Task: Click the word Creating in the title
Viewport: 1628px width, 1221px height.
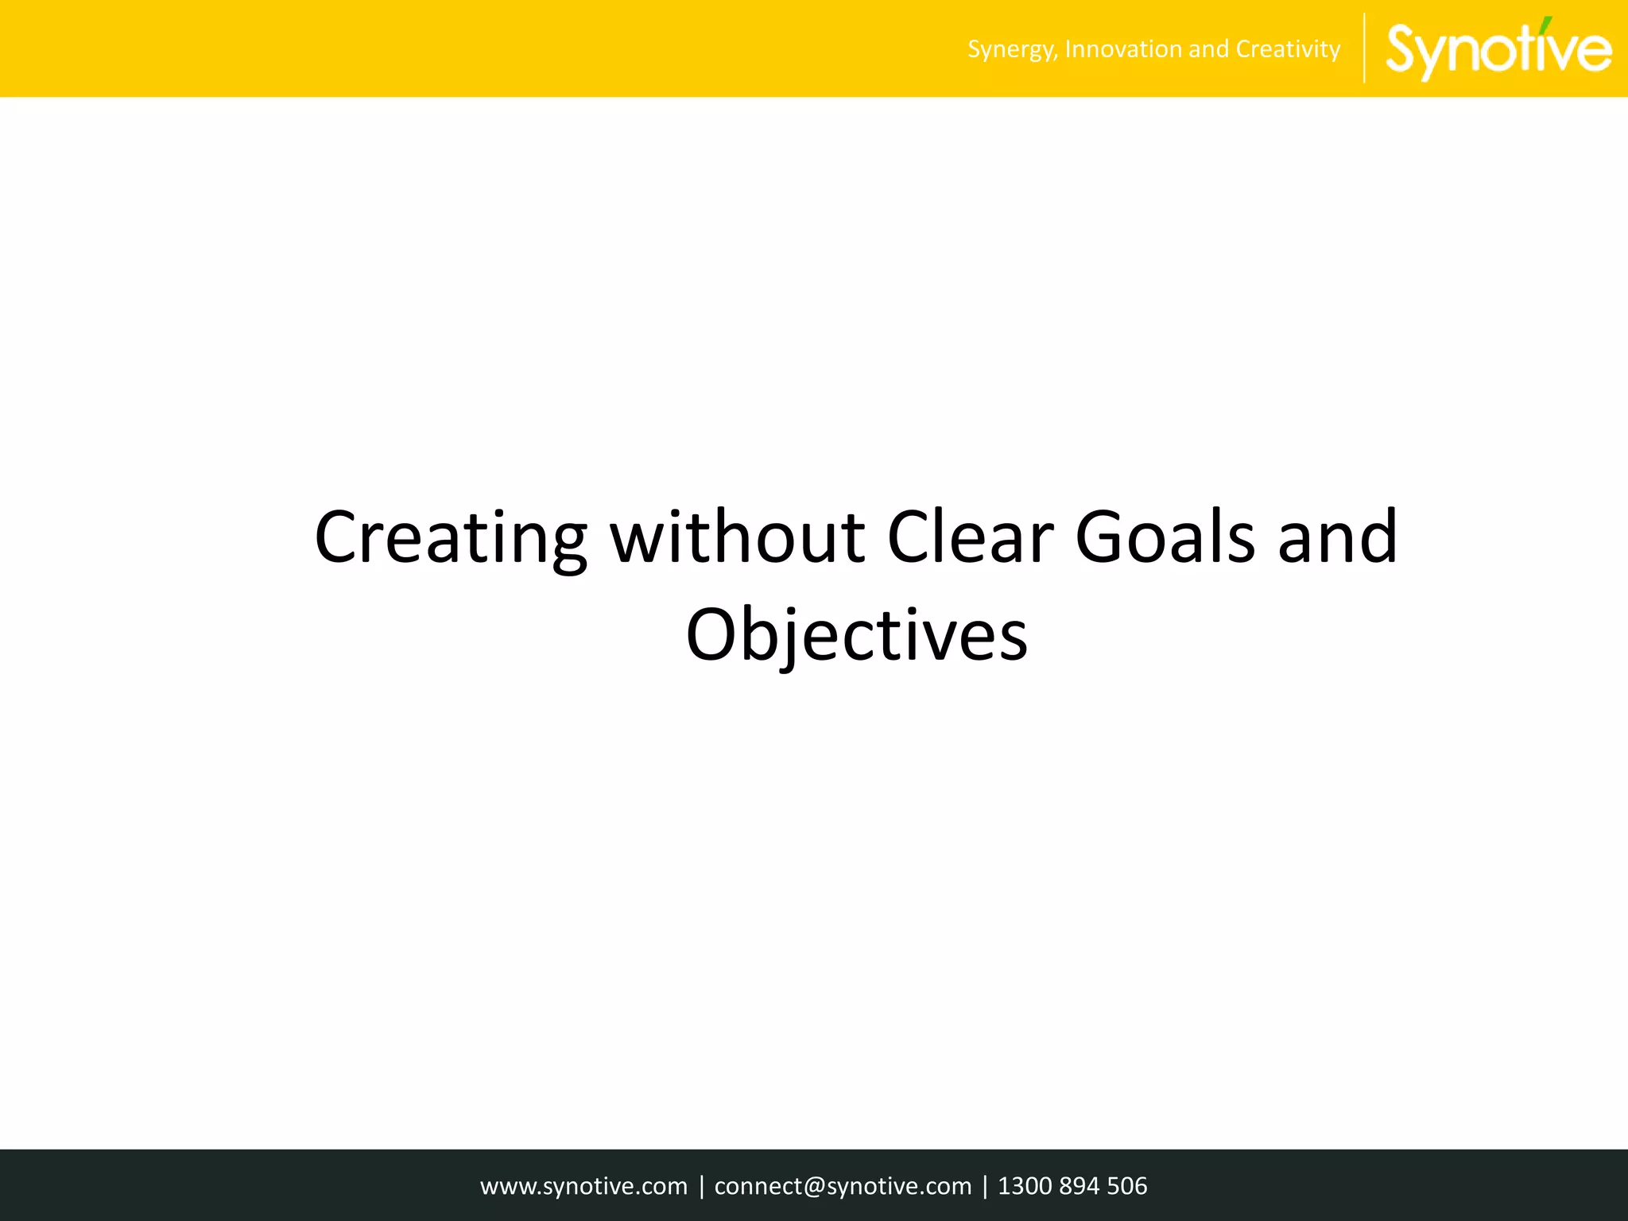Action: click(451, 539)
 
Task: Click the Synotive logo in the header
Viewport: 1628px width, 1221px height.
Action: click(1498, 49)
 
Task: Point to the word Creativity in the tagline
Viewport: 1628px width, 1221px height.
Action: click(1288, 49)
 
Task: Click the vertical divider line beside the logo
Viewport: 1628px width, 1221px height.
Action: click(1364, 48)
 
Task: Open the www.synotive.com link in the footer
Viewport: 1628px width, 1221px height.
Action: click(583, 1186)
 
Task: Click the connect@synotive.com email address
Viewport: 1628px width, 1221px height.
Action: click(843, 1186)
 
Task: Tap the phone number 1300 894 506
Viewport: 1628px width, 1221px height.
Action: click(1072, 1186)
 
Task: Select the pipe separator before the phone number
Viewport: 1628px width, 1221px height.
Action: click(985, 1186)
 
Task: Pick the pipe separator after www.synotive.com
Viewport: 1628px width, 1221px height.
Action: click(701, 1186)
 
